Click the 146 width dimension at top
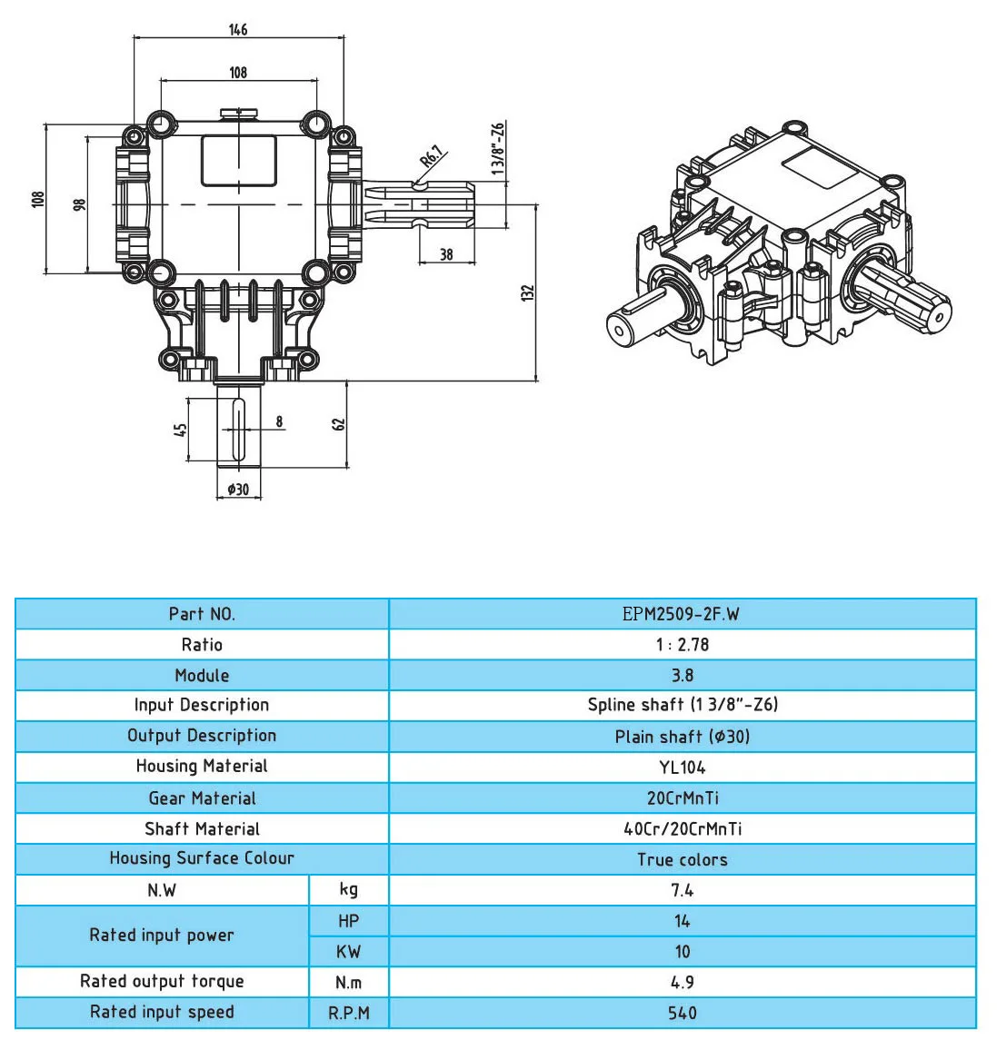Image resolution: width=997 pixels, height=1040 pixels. [x=238, y=30]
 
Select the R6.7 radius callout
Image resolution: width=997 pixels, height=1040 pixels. [x=432, y=157]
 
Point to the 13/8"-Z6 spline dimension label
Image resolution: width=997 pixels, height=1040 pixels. [x=498, y=148]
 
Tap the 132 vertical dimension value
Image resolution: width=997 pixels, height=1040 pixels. [x=528, y=292]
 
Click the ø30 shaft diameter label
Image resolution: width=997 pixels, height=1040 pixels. [x=238, y=490]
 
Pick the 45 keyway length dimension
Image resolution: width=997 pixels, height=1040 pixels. [x=181, y=429]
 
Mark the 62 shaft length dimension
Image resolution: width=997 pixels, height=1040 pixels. [x=339, y=424]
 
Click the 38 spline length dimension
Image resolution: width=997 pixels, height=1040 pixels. [x=446, y=254]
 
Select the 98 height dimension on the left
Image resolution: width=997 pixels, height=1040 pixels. [x=79, y=205]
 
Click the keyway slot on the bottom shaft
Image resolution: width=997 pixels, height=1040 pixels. [x=239, y=430]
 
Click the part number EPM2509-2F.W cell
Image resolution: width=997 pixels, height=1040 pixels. [x=682, y=614]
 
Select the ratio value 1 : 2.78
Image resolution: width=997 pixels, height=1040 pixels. [x=682, y=645]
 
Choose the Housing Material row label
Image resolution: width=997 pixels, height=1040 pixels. [x=202, y=767]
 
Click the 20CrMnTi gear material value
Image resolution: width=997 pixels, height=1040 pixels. [x=682, y=798]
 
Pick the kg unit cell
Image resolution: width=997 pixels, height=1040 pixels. [x=348, y=890]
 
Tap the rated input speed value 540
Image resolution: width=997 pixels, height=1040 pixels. [x=682, y=1013]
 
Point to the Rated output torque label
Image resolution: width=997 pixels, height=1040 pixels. [x=162, y=982]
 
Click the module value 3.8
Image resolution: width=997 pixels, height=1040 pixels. [x=682, y=676]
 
